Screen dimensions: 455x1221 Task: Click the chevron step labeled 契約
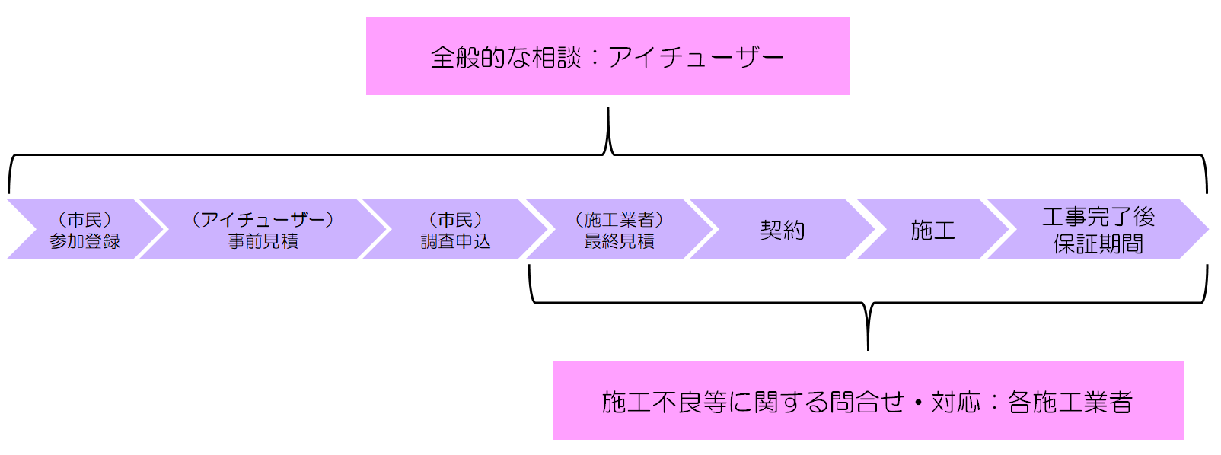click(783, 230)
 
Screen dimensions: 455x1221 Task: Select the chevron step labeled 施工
click(932, 230)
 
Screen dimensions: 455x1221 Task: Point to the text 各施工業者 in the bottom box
click(1070, 402)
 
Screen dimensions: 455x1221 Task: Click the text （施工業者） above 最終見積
click(619, 220)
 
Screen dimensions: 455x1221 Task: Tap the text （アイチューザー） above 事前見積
click(263, 220)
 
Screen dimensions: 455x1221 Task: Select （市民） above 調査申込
click(456, 220)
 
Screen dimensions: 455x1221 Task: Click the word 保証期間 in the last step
click(1098, 244)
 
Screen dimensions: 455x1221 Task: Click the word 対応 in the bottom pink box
click(955, 402)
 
